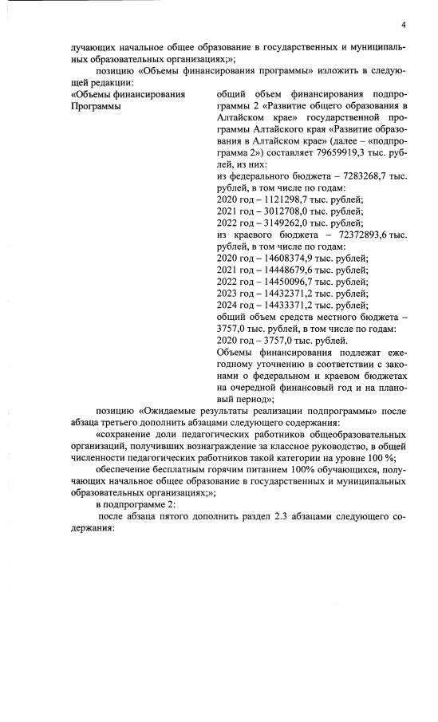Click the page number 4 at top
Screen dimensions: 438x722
point(404,23)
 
